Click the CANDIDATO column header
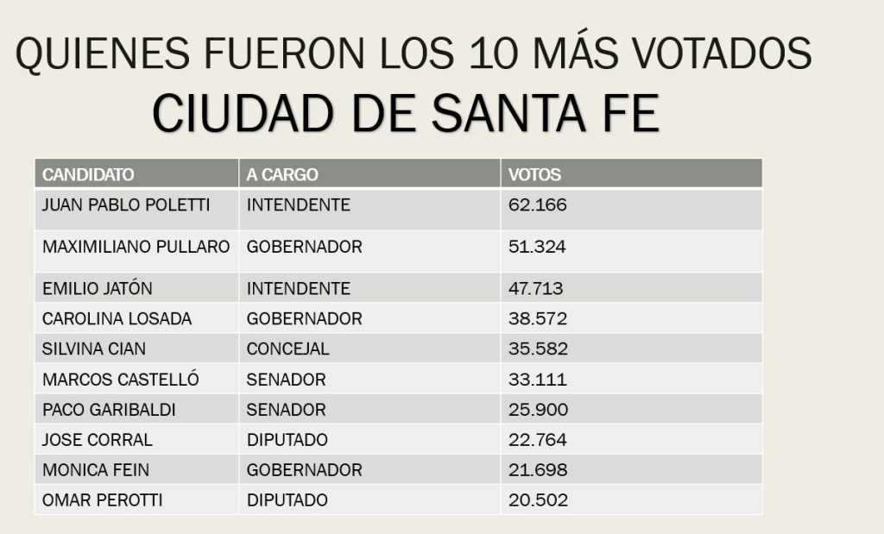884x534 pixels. point(88,174)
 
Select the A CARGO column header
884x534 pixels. point(282,174)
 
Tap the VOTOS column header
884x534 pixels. point(534,174)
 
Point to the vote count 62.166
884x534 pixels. point(537,205)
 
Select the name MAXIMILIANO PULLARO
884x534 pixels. point(136,247)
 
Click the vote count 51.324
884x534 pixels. point(537,247)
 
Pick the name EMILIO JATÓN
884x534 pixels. point(98,288)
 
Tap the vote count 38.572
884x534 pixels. point(537,319)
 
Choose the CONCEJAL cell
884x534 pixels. point(288,349)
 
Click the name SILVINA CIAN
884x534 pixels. point(95,349)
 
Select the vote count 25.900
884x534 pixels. point(537,410)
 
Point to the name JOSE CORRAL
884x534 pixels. point(97,440)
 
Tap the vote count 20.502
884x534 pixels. point(537,500)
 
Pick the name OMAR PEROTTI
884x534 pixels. point(102,500)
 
